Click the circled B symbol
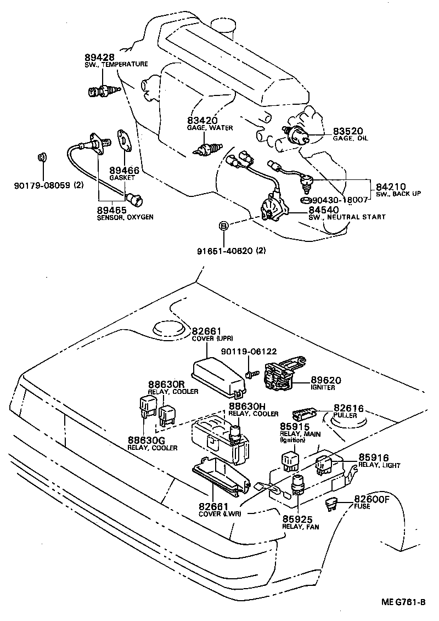[223, 225]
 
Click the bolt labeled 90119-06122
[251, 372]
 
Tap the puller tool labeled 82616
[306, 410]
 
